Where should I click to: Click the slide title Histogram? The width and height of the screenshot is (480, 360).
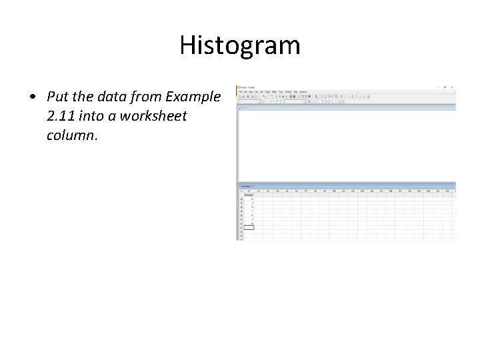coord(240,45)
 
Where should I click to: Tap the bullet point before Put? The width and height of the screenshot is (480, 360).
coord(32,97)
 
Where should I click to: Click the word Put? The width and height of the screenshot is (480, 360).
coord(58,97)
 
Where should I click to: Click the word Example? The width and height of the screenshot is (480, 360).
coord(193,97)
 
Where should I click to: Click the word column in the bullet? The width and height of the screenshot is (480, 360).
coord(72,135)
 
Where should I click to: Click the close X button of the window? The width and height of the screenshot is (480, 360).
coord(453,87)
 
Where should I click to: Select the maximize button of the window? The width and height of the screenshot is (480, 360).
coord(446,87)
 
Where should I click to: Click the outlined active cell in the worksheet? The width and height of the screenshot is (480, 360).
coord(249,227)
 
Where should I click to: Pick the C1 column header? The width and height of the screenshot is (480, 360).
coord(249,191)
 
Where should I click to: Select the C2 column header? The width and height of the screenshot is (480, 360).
coord(259,191)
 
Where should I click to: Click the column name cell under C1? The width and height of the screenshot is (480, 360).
coord(249,195)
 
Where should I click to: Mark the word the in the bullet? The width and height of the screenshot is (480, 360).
coord(82,97)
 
